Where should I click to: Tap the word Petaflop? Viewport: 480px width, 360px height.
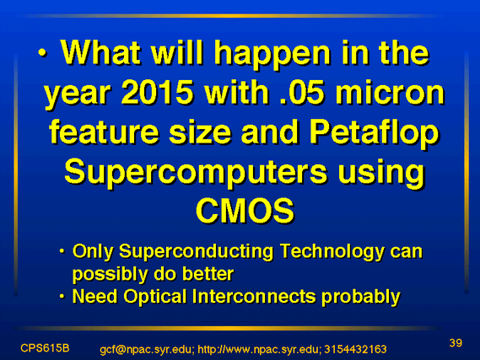(374, 134)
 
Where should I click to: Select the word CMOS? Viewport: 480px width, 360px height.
(245, 211)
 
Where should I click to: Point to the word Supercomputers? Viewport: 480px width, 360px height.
(196, 174)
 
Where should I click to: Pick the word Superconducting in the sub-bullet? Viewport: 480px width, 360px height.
(196, 252)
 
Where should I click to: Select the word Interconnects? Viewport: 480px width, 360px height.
(254, 297)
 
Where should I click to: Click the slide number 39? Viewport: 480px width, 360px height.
(456, 343)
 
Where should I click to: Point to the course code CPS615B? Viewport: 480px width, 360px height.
(45, 348)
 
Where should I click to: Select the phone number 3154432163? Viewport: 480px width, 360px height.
(355, 349)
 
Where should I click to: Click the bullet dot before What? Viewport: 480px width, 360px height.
(42, 53)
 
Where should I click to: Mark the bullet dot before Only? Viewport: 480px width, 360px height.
(62, 251)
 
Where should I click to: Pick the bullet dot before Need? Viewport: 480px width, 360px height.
(62, 297)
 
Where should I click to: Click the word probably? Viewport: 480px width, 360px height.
(361, 297)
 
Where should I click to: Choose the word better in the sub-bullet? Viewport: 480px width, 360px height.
(208, 274)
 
